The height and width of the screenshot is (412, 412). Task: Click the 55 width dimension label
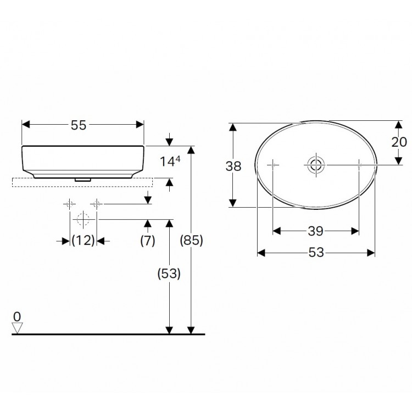(79, 125)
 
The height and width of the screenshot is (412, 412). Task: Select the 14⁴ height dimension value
(170, 162)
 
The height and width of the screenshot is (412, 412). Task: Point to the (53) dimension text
(169, 274)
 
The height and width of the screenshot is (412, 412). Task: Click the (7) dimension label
(147, 241)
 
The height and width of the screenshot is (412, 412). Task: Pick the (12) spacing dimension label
(83, 241)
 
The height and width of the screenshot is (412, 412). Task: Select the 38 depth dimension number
(233, 166)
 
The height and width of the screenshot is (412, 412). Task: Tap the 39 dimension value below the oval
(316, 231)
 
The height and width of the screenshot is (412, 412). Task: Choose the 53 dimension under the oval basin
(316, 252)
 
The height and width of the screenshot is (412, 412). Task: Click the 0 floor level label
(17, 316)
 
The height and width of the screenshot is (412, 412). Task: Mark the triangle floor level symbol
(18, 327)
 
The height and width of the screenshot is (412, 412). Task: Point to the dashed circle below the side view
(83, 219)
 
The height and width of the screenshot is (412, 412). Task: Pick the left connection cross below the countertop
(69, 204)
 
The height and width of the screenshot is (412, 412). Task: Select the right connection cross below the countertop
(97, 204)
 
